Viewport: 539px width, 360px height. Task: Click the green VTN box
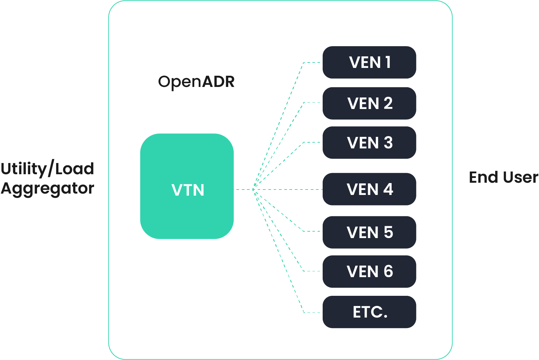187,186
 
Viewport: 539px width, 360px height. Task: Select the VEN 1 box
369,62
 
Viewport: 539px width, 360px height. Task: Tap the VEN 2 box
369,103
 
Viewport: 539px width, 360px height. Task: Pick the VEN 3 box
369,143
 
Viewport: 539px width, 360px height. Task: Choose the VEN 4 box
369,189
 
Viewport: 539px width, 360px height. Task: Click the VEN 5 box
369,232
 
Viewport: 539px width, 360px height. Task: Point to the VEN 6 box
369,271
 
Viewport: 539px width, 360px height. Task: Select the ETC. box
369,312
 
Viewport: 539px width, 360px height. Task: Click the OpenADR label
196,82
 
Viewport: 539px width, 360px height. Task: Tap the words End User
503,177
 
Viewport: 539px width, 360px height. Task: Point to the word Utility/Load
48,169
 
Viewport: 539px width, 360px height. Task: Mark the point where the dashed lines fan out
253,189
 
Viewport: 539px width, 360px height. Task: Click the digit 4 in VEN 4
388,189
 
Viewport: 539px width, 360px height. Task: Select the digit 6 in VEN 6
388,271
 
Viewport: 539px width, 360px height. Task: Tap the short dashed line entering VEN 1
312,62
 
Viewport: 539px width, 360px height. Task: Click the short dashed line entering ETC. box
312,312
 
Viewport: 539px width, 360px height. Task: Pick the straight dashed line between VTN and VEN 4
289,189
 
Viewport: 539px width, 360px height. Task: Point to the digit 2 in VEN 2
388,103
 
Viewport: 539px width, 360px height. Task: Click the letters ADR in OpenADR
218,82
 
